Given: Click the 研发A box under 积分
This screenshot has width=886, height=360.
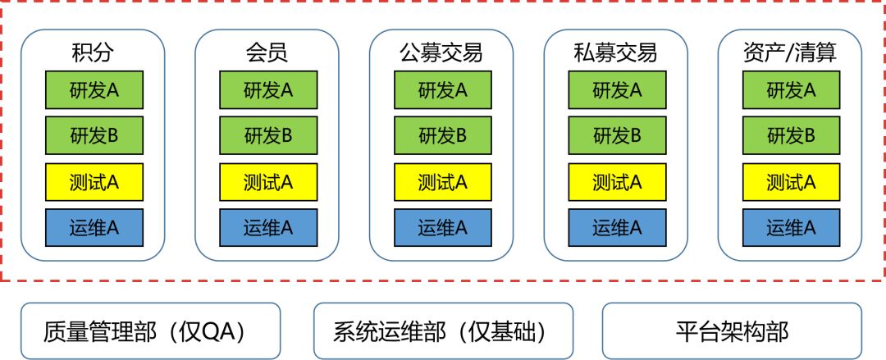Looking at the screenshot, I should point(94,90).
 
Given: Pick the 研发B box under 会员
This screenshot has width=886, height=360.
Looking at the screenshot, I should point(267,136).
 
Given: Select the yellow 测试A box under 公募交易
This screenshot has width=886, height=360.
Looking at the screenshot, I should point(442,182).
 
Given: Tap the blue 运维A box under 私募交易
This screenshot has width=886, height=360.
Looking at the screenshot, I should point(617,228).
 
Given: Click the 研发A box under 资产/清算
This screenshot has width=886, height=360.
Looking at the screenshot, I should point(791,90).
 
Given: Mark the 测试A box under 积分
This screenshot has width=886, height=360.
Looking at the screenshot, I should point(94,182).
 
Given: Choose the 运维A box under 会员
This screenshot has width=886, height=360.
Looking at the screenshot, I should point(267,228).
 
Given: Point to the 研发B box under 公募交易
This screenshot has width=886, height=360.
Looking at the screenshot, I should point(442,136).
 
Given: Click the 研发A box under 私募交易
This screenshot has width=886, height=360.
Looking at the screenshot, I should point(617,90).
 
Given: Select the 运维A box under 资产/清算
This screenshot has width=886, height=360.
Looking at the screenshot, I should point(791,228).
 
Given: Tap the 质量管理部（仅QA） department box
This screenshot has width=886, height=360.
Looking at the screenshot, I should point(150,331).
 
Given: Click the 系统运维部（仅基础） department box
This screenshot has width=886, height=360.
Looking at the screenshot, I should point(443,331).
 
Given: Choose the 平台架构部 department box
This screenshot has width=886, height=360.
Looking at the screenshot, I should point(732,331).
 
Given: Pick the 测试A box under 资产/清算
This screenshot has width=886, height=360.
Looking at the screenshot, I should point(791,182).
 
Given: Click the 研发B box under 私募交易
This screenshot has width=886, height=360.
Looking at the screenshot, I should point(617,136).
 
